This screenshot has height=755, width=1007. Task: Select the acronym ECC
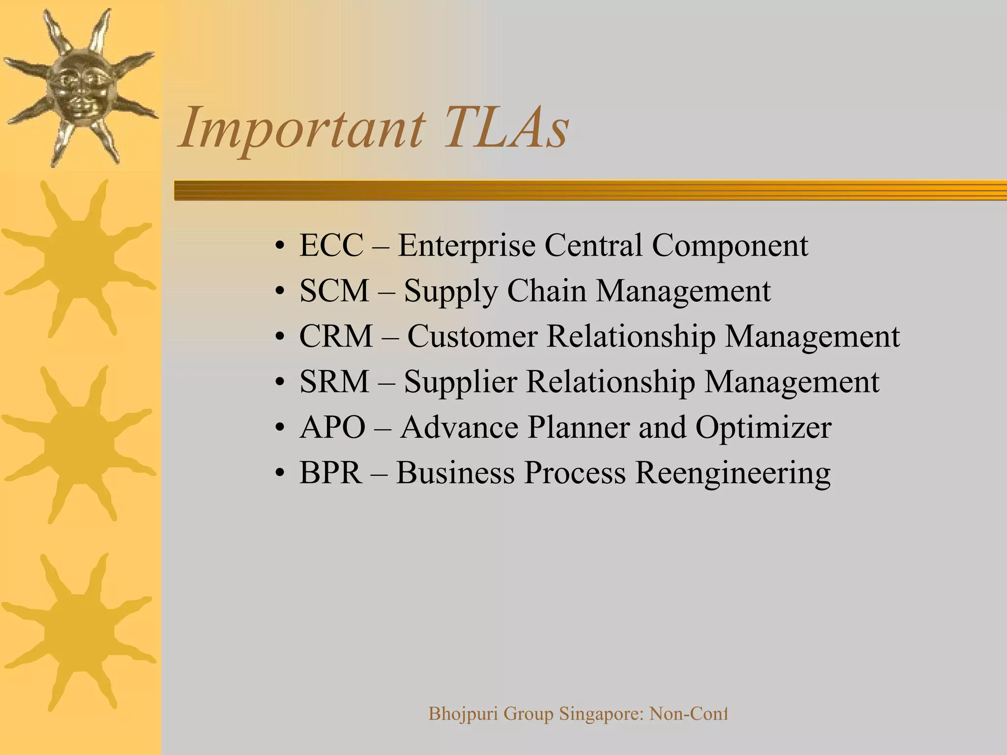pyautogui.click(x=331, y=245)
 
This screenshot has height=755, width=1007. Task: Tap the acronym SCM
pyautogui.click(x=334, y=291)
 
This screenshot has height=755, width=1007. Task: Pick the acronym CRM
pyautogui.click(x=336, y=337)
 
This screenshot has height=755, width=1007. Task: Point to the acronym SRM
pyautogui.click(x=334, y=382)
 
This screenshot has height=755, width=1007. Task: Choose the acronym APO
pyautogui.click(x=332, y=427)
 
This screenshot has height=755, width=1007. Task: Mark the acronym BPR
pyautogui.click(x=330, y=473)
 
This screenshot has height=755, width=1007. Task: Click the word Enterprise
pyautogui.click(x=466, y=246)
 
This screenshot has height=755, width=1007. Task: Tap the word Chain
pyautogui.click(x=546, y=291)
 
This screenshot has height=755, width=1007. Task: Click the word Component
pyautogui.click(x=730, y=246)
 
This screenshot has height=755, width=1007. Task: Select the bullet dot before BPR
pyautogui.click(x=280, y=473)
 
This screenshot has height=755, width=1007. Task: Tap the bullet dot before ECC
pyautogui.click(x=280, y=246)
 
